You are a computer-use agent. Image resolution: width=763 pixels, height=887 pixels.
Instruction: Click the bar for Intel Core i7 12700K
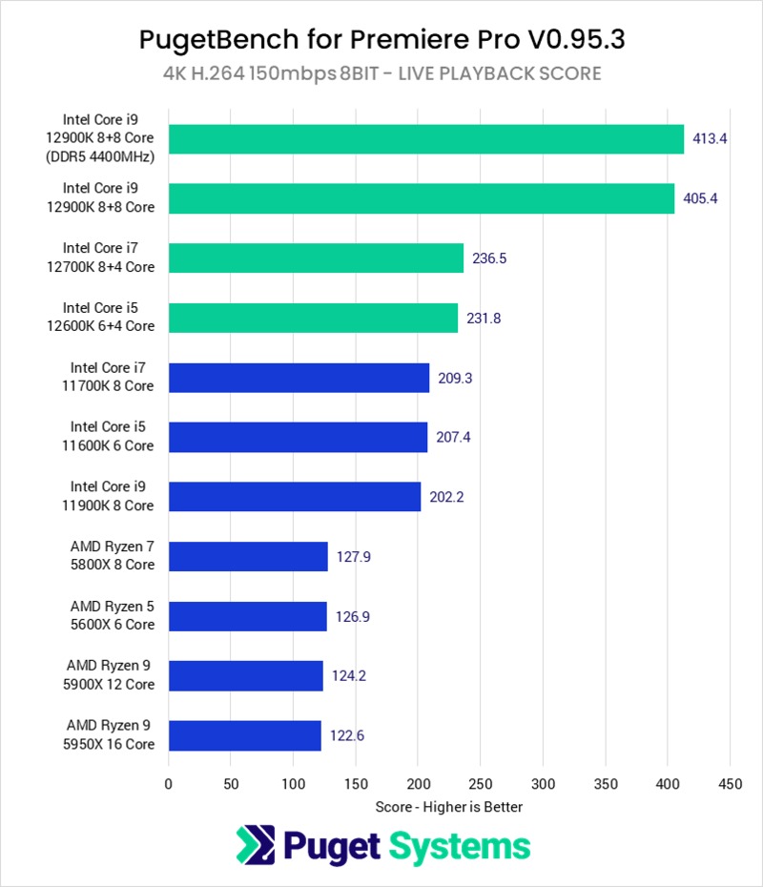coord(316,258)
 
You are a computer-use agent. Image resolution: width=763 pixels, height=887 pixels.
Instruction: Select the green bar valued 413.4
coord(426,138)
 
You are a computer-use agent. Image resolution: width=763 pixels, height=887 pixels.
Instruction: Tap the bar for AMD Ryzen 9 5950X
coord(245,735)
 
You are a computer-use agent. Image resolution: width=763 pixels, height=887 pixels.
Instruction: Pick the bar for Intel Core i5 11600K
coord(298,438)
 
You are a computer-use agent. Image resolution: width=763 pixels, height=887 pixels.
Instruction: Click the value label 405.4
coord(702,198)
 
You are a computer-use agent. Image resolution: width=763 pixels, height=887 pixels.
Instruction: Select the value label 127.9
coord(353,557)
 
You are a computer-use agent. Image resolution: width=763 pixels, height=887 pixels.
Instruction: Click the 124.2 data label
coord(348,676)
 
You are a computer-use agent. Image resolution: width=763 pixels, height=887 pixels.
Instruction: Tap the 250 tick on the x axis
coord(480,784)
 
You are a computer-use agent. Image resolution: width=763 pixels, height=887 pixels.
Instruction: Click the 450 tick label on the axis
coord(730,784)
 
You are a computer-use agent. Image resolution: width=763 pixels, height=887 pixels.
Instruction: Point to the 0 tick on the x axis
coord(169,784)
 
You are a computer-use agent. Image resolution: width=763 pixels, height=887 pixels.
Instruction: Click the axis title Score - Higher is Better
coord(448,807)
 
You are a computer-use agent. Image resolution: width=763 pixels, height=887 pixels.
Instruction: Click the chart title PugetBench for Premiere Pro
coord(381,39)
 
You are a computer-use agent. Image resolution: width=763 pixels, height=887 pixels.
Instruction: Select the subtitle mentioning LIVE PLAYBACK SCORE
coord(381,73)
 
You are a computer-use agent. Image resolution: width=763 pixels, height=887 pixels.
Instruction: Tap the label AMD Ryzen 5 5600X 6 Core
coord(112,615)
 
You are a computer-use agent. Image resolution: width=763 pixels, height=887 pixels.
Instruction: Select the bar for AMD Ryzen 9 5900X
coord(246,675)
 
